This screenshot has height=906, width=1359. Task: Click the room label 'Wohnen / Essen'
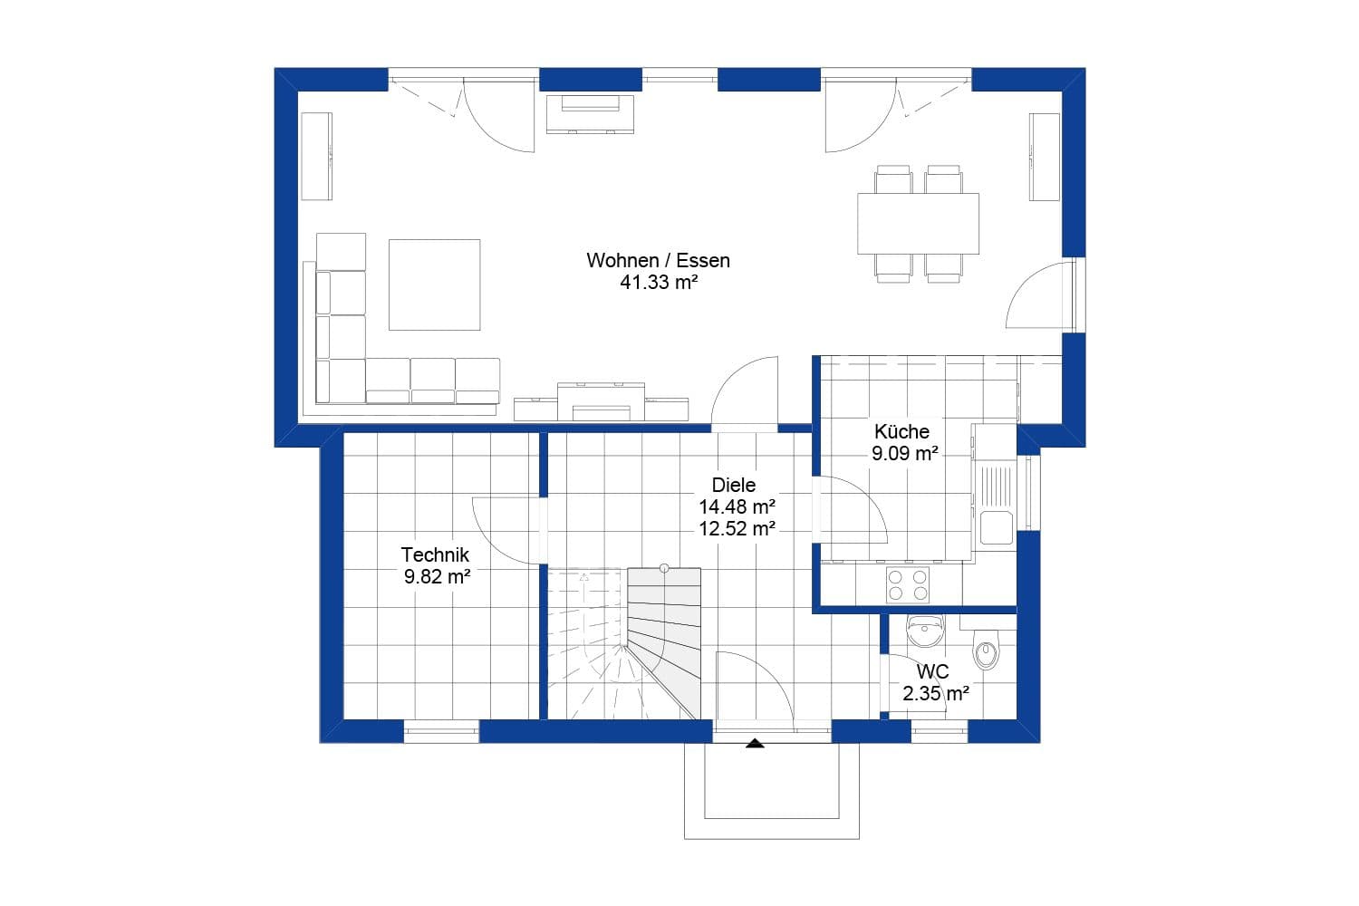(x=658, y=260)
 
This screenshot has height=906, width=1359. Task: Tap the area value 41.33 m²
(x=658, y=283)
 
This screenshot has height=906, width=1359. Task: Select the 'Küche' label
(x=901, y=431)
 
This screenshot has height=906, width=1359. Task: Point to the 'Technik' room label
(x=435, y=554)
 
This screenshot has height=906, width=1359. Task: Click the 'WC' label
(x=932, y=672)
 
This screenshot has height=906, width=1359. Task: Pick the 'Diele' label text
(x=733, y=485)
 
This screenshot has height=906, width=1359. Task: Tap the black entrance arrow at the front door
(x=755, y=744)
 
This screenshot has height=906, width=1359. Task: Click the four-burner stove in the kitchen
(x=907, y=584)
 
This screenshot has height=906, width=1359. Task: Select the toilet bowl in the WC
(x=986, y=651)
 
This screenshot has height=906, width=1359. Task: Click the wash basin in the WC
(x=925, y=631)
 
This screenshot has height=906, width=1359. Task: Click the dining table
(x=918, y=224)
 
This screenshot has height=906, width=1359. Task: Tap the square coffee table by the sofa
(x=434, y=284)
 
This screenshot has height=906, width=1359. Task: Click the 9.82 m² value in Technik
(x=437, y=576)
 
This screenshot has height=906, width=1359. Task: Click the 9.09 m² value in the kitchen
(x=904, y=453)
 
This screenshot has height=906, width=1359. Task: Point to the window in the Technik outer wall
(x=440, y=731)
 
